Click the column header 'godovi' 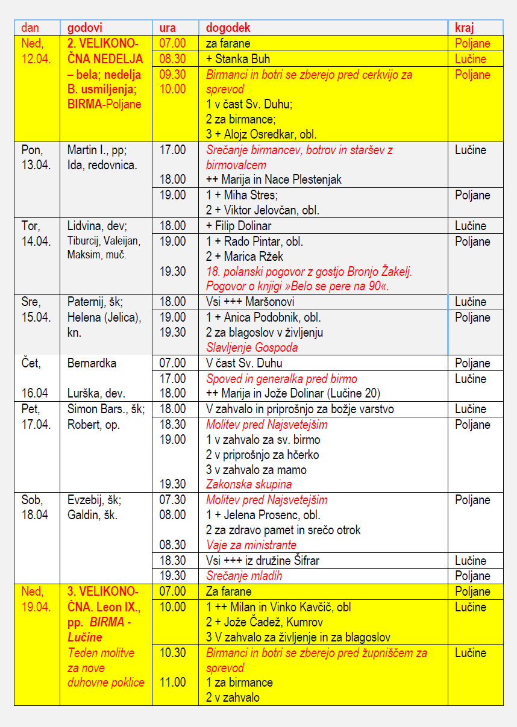point(85,28)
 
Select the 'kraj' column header point(464,28)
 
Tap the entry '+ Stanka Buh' point(238,59)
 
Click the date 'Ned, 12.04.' point(36,51)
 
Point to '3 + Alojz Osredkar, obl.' point(261,134)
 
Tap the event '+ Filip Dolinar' point(239,226)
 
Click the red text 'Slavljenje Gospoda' point(252,347)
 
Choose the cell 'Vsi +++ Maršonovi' point(250,302)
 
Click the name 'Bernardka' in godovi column point(92,363)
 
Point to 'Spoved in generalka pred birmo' point(281,379)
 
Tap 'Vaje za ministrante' point(251,545)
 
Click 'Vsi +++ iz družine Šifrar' point(263,561)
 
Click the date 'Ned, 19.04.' point(36,599)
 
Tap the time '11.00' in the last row point(172,682)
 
